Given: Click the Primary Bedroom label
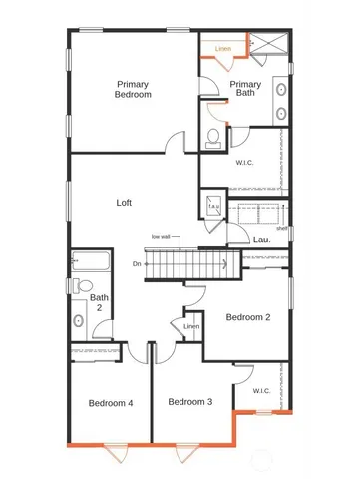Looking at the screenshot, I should click(133, 89).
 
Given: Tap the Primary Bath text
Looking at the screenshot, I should click(246, 90).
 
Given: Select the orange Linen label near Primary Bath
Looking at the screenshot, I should click(223, 48).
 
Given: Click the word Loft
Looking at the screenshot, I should click(125, 202).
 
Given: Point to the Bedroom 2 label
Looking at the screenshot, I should click(248, 317).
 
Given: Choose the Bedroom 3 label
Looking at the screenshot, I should click(190, 402).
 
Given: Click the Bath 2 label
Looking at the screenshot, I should click(99, 302).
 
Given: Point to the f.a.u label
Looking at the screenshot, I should click(213, 207).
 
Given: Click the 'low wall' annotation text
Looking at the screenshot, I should click(162, 236).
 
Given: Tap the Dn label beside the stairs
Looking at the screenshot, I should click(137, 263).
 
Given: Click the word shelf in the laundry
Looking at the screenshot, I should click(283, 229).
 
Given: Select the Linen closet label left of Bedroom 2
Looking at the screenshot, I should click(192, 326).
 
